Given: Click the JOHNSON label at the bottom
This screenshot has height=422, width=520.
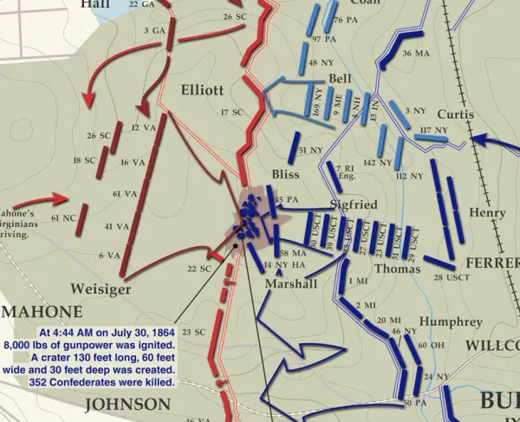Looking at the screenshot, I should [128, 404].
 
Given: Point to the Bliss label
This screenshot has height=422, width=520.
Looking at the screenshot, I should [285, 175].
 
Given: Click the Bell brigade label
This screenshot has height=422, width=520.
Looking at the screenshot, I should [340, 79].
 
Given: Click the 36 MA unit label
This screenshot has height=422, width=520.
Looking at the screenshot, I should [417, 54].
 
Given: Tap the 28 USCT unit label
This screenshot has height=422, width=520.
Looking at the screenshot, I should [451, 277].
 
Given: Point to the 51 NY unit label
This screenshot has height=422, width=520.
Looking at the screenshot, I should [309, 151].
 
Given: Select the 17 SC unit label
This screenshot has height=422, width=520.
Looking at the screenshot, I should [230, 112].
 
